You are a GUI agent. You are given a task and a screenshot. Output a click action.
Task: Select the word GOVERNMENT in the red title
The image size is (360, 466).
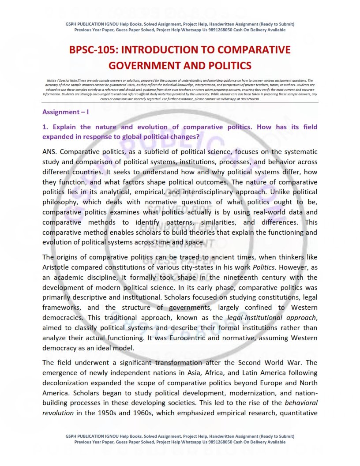pos(138,66)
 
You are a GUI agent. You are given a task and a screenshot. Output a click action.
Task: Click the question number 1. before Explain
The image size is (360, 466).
pos(45,127)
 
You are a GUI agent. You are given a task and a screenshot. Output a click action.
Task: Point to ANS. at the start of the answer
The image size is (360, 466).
pos(51,152)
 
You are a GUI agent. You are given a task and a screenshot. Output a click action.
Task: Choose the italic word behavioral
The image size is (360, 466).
pos(301,403)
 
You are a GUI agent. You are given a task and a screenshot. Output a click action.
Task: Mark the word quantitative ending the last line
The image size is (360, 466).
pos(298,413)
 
